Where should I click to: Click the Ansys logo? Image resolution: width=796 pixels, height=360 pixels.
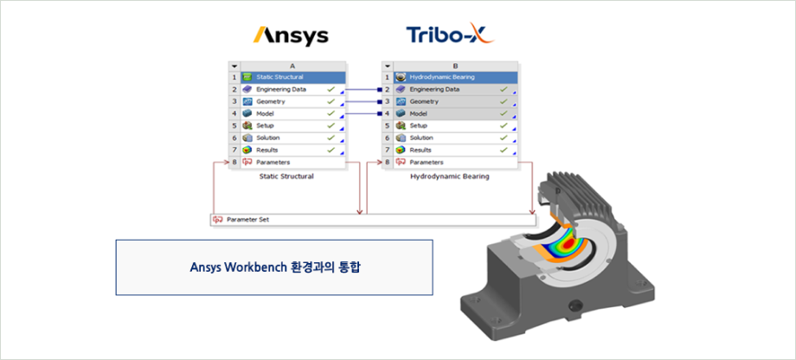tap(291, 36)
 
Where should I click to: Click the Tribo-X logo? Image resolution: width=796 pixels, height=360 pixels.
tap(450, 34)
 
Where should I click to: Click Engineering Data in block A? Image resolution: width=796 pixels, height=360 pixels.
tap(280, 89)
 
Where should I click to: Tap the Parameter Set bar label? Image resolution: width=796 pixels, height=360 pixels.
tap(247, 220)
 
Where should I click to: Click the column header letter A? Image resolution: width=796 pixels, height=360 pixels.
tap(293, 66)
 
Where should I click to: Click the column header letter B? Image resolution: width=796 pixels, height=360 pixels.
tap(455, 66)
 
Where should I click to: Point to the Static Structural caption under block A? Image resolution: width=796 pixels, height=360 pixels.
tap(286, 177)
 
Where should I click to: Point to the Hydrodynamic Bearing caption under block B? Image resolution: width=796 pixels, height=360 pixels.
tap(450, 177)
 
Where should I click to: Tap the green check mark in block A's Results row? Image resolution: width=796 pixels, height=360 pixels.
tap(331, 151)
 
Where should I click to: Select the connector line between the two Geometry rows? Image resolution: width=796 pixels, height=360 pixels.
tap(362, 101)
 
